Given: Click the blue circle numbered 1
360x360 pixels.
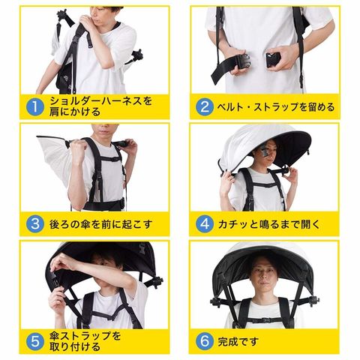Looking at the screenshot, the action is coord(35,107).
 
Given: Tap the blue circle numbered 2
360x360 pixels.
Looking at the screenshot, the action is coord(205,107).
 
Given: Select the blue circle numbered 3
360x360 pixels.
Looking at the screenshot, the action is coord(35,224).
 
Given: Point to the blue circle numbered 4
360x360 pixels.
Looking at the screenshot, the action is coord(205,224).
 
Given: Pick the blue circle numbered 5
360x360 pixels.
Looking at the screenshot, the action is coord(35,341).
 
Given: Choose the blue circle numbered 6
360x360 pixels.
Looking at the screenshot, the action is coord(205,341).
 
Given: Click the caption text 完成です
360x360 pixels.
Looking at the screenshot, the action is coord(238,341).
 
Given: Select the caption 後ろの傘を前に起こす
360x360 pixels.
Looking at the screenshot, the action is coord(100,224).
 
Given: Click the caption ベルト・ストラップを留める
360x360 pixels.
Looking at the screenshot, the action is coord(276,107).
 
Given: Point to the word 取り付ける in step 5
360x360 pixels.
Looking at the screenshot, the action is coord(75,347).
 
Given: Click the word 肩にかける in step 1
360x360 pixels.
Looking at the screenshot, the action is coord(75,112).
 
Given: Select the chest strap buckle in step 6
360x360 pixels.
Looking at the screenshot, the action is coord(265,320).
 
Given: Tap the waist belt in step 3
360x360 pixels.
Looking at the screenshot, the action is coord(103,205).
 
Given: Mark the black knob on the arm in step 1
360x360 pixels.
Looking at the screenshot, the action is coord(137,55).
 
